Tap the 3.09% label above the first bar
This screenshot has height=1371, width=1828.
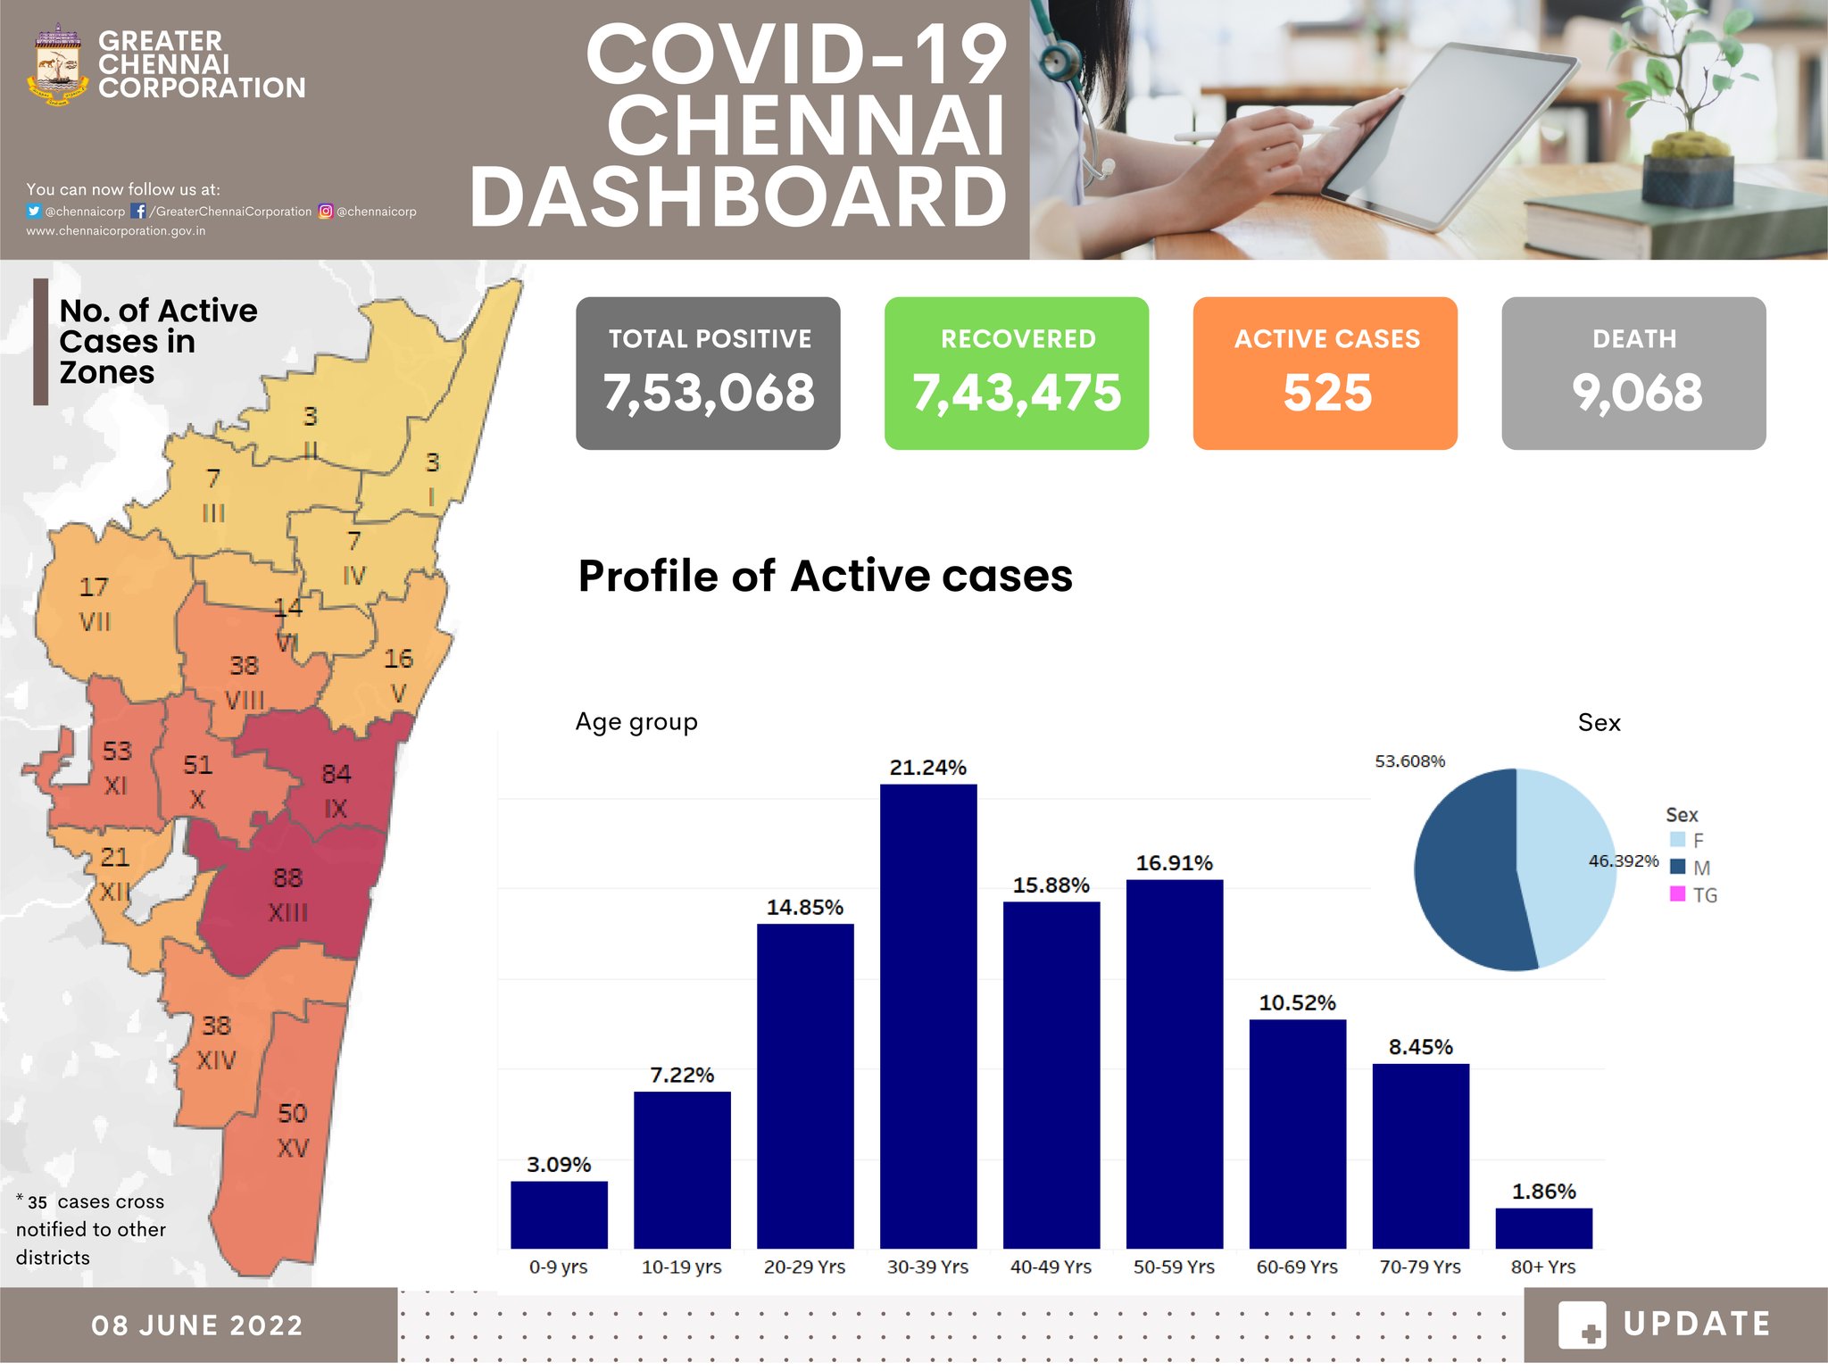559,1164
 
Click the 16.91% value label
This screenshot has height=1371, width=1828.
1174,862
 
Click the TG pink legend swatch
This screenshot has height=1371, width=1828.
1677,893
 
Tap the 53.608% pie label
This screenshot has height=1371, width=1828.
1409,760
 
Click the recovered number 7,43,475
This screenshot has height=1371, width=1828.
1017,393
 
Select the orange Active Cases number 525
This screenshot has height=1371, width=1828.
1326,393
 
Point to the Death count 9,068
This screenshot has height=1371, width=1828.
1636,393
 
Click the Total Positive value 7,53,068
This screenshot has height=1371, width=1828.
709,393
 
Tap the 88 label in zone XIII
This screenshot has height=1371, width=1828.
287,877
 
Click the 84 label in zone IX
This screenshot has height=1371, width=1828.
337,773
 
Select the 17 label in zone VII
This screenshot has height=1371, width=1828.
94,586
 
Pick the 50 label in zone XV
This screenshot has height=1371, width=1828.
292,1113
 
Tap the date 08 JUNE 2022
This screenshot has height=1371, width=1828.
197,1325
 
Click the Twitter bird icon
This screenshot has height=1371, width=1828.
34,212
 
